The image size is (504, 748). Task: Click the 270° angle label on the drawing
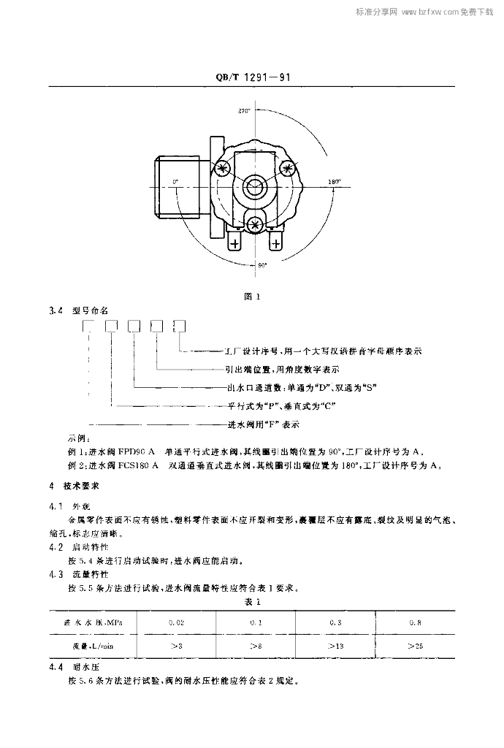(244, 111)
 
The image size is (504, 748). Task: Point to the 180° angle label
(335, 180)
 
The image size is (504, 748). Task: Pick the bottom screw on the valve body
(256, 223)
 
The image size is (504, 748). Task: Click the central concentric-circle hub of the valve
(256, 185)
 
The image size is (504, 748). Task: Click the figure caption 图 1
(252, 296)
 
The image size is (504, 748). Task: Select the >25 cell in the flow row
(416, 646)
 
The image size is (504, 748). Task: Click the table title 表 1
(252, 601)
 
